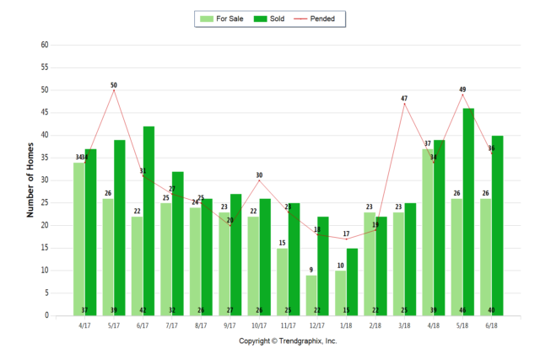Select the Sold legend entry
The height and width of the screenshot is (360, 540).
pyautogui.click(x=270, y=18)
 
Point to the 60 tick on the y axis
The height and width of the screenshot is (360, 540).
pyautogui.click(x=45, y=45)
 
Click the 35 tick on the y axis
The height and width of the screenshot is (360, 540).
pyautogui.click(x=45, y=158)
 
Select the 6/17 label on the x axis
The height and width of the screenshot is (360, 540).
pyautogui.click(x=143, y=325)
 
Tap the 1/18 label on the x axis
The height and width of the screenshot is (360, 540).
pyautogui.click(x=346, y=325)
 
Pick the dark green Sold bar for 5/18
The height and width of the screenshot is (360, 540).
pyautogui.click(x=468, y=212)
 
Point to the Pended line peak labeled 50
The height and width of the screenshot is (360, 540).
pyautogui.click(x=114, y=90)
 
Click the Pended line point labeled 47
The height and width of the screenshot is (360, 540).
pyautogui.click(x=404, y=104)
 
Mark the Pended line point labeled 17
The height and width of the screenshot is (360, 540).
pyautogui.click(x=346, y=239)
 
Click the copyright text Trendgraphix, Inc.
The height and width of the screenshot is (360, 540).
pyautogui.click(x=288, y=341)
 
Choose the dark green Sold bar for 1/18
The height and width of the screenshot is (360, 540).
pyautogui.click(x=352, y=282)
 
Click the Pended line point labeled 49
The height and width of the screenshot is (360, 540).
pyautogui.click(x=462, y=94)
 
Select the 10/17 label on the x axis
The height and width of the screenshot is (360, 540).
pyautogui.click(x=259, y=325)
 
